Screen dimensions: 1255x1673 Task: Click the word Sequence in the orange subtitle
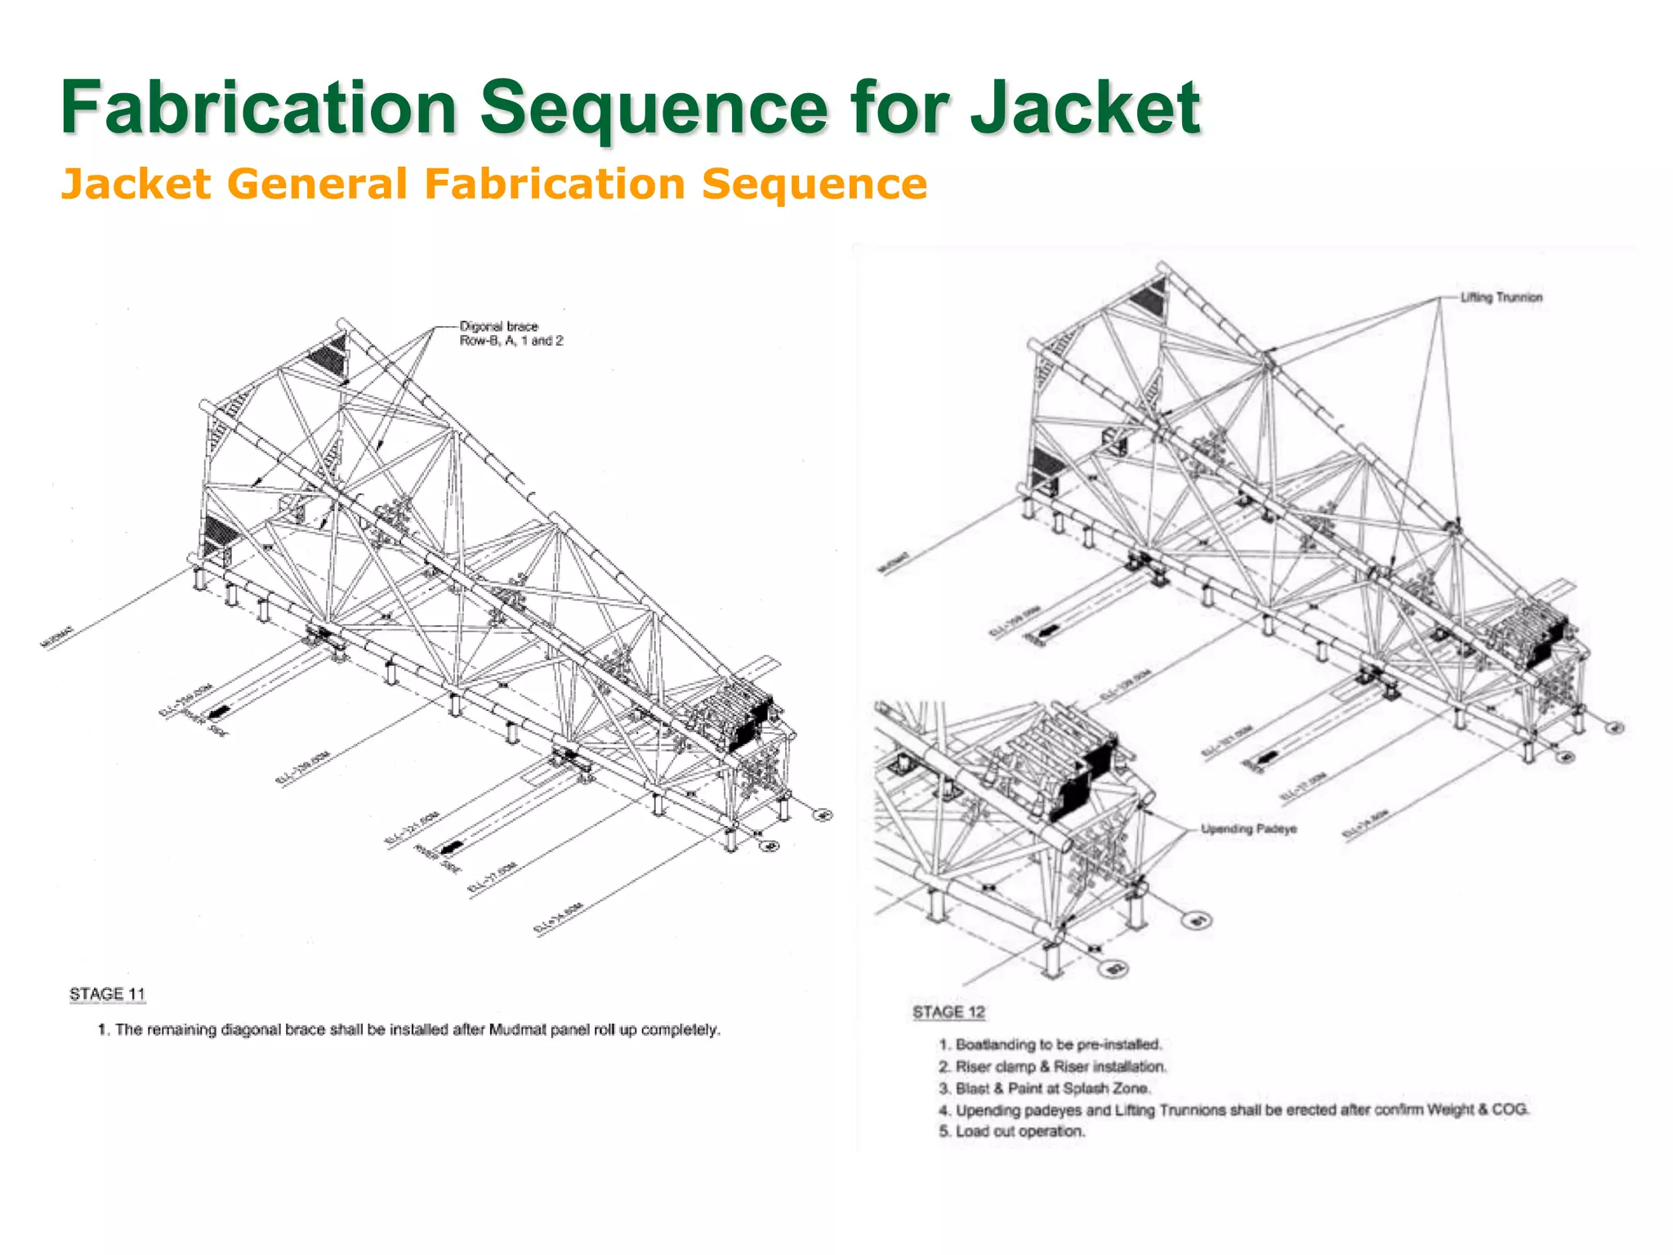(814, 184)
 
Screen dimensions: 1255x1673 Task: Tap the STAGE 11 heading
(107, 994)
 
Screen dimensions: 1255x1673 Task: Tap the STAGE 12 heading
(948, 1012)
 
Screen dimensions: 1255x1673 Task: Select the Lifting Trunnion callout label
(1501, 297)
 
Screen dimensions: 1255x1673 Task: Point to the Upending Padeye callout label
(1248, 829)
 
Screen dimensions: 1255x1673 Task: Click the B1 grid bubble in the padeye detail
(1198, 922)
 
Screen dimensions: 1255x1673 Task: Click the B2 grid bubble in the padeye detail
(1115, 969)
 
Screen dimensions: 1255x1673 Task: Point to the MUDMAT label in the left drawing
(56, 636)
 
